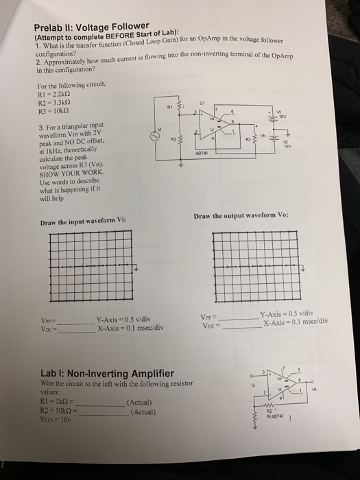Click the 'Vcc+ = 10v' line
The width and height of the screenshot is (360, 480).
pos(59,421)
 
